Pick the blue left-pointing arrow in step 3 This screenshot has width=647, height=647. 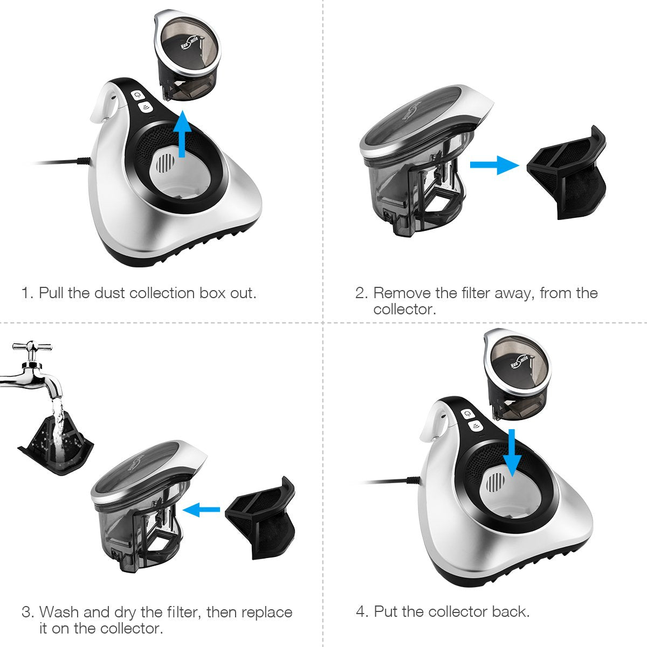point(202,508)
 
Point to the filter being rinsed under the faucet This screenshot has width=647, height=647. point(57,437)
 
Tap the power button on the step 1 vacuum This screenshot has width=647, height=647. point(139,95)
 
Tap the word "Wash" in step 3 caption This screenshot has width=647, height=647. point(59,612)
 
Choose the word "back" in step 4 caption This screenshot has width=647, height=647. point(508,611)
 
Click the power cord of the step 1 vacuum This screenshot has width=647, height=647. point(59,161)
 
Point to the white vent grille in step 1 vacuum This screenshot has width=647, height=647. point(167,162)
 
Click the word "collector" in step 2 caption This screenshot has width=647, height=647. point(404,309)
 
